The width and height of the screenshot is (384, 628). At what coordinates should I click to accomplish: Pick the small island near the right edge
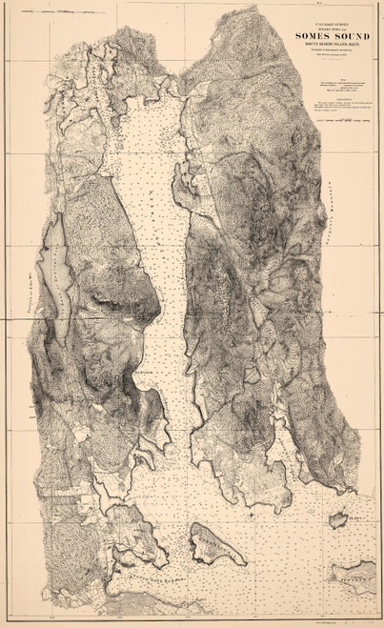coord(336,519)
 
